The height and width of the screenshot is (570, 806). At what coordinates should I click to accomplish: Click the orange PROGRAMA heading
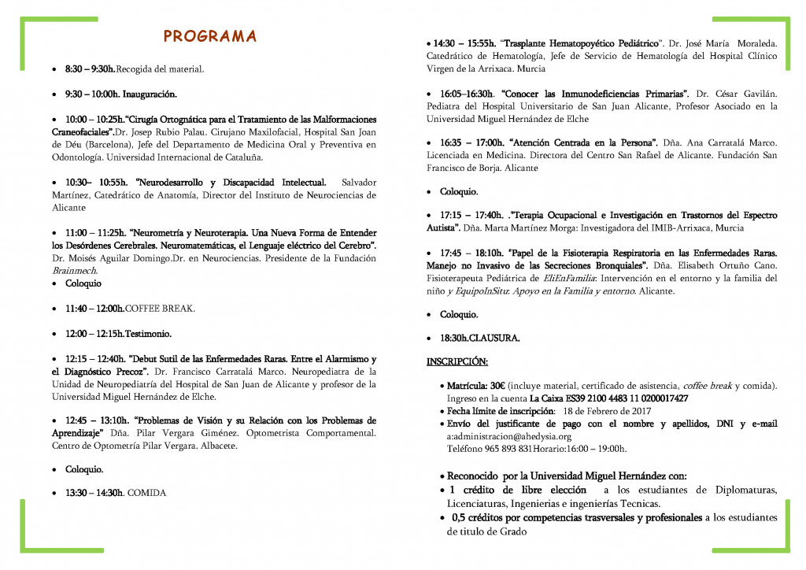point(209,36)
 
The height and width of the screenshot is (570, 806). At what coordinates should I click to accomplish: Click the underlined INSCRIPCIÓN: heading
point(457,362)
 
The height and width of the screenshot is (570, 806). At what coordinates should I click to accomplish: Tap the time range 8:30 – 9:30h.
point(90,69)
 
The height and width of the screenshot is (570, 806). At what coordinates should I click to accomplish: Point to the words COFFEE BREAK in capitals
point(161,309)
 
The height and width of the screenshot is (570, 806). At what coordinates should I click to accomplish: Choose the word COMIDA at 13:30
point(147,494)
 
